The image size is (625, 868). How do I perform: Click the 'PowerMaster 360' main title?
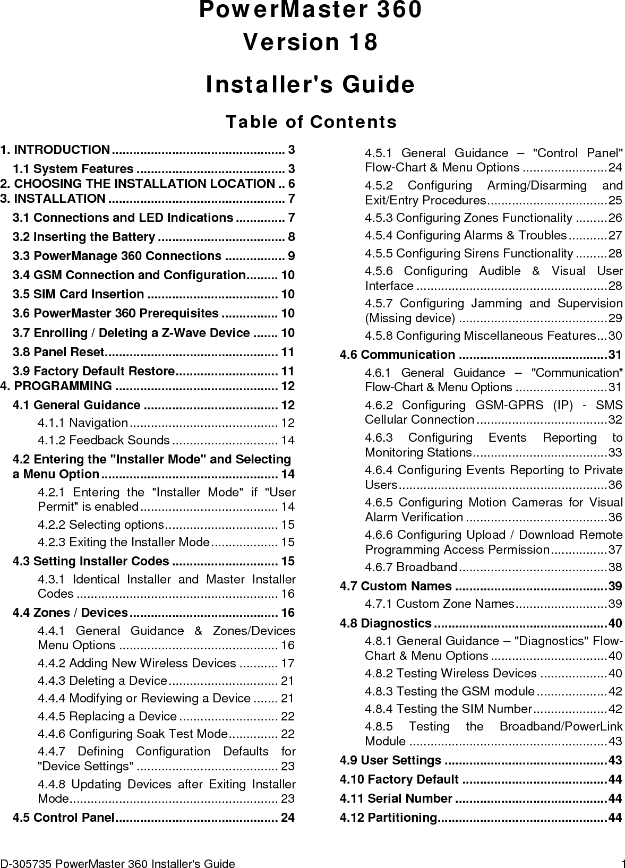311,10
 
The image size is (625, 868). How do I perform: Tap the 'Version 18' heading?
311,42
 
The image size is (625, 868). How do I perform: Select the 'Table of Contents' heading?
311,122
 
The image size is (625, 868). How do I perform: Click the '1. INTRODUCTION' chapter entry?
55,150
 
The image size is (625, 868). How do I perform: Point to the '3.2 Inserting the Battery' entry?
84,237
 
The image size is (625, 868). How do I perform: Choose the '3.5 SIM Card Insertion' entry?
78,294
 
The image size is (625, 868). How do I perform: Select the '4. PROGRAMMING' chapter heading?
56,386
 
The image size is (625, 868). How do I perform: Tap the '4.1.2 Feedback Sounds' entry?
104,441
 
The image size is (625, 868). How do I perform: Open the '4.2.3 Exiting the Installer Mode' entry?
123,543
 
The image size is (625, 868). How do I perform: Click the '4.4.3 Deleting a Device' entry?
102,681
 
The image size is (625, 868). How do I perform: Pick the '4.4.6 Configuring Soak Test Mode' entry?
133,734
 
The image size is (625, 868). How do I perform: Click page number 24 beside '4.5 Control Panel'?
288,818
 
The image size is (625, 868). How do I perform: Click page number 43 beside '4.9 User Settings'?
615,761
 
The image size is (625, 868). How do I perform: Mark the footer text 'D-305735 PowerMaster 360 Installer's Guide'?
117,864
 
